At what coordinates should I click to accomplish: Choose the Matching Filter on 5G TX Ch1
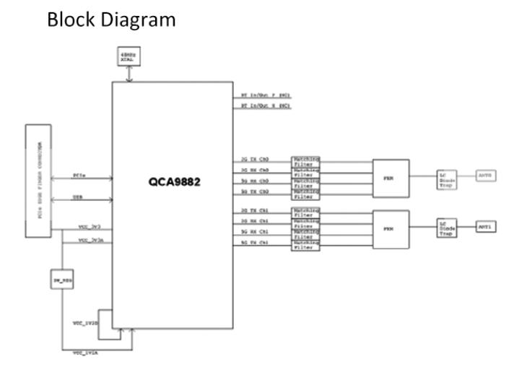click(x=305, y=246)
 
